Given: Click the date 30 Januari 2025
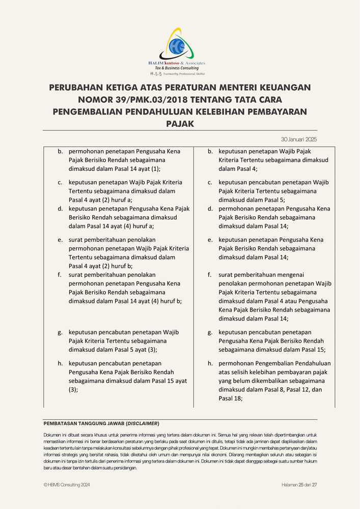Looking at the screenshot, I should pyautogui.click(x=299, y=139).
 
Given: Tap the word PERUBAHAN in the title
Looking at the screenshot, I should pyautogui.click(x=76, y=88).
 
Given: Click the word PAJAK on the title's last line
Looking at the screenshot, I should pyautogui.click(x=180, y=123).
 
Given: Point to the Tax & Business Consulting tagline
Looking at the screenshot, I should pyautogui.click(x=177, y=68).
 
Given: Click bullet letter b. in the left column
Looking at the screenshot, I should pyautogui.click(x=60, y=151).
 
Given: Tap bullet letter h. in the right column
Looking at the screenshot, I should pyautogui.click(x=210, y=363).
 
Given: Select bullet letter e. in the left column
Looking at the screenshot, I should pyautogui.click(x=60, y=239).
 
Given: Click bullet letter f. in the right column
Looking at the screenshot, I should pyautogui.click(x=209, y=274).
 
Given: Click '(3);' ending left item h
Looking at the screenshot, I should pyautogui.click(x=73, y=390).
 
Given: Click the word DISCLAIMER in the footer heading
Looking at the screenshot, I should pyautogui.click(x=143, y=423).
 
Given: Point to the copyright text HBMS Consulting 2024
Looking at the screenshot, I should pyautogui.click(x=69, y=485).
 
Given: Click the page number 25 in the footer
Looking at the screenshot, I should pyautogui.click(x=301, y=485).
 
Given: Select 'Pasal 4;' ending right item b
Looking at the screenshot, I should pyautogui.click(x=245, y=168).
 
